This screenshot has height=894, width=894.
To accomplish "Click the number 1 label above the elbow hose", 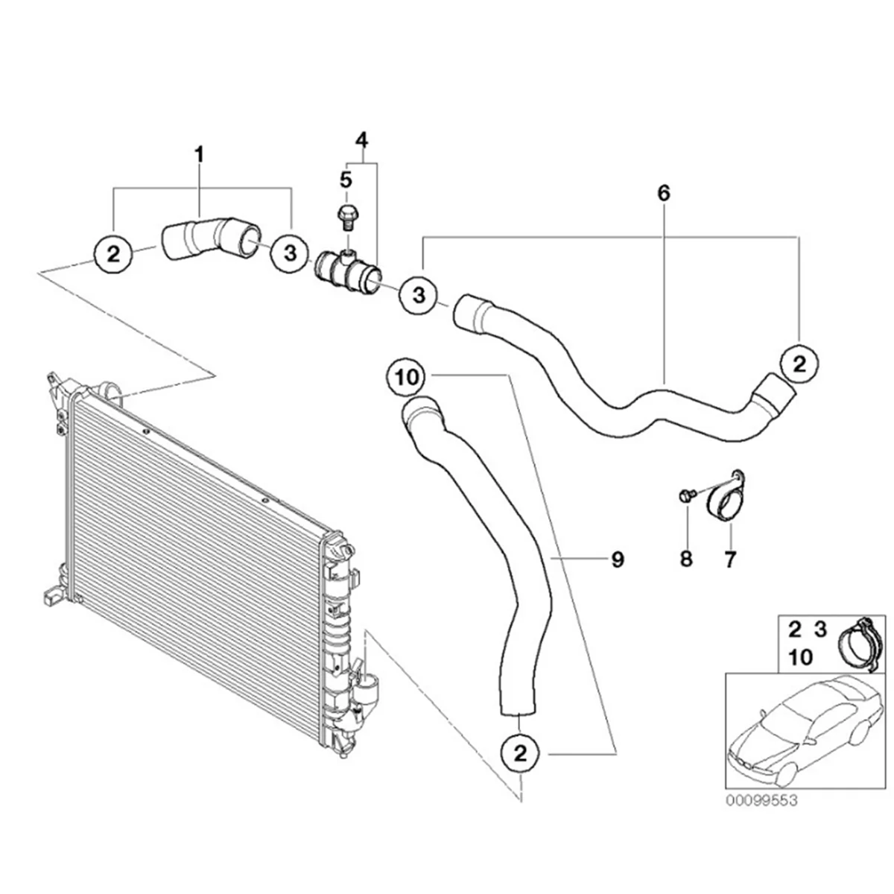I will click(x=199, y=155).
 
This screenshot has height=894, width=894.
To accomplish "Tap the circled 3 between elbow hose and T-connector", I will click(x=289, y=254).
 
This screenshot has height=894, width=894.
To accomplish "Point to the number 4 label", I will click(x=361, y=139).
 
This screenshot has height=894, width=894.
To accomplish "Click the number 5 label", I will click(x=345, y=180).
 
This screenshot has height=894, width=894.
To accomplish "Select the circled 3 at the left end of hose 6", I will click(x=419, y=296).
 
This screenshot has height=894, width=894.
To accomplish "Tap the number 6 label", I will click(x=664, y=193).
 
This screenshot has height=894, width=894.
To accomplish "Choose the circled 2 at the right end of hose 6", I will click(x=799, y=364).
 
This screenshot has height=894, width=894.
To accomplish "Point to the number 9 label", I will click(x=617, y=559).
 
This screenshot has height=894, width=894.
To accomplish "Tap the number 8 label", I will click(x=685, y=558).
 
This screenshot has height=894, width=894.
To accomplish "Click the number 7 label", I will click(x=730, y=558).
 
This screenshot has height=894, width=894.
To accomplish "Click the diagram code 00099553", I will click(x=762, y=800).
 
